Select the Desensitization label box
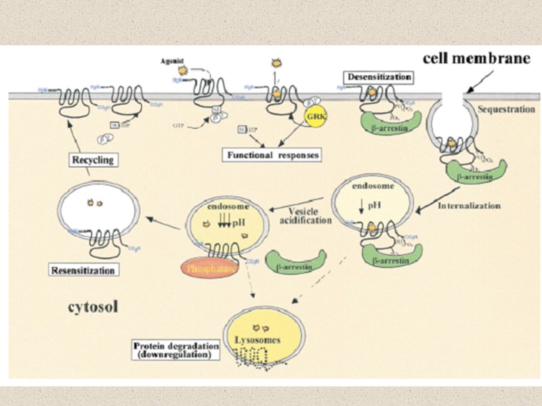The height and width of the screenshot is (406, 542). click(378, 77)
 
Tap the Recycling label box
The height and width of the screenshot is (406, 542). click(94, 160)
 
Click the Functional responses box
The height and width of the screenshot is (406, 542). click(272, 155)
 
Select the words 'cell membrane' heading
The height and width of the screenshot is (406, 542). click(476, 58)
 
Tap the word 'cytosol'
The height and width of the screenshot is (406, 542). click(93, 307)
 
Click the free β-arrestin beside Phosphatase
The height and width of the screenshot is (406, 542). click(295, 263)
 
